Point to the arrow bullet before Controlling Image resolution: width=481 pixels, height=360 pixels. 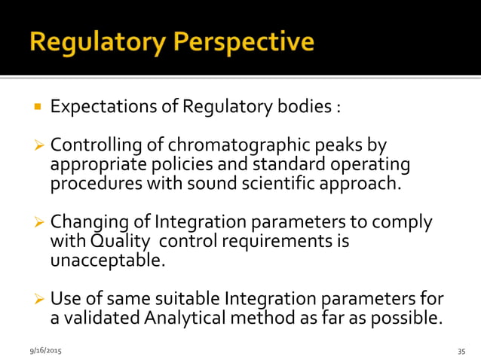(38, 144)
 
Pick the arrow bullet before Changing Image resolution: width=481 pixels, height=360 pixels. (38, 222)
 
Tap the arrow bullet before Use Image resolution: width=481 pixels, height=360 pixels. (38, 300)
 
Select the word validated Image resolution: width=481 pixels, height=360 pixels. (101, 319)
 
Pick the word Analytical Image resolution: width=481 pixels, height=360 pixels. (187, 319)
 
